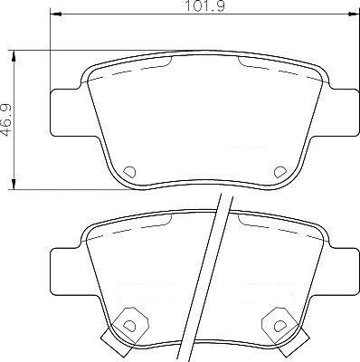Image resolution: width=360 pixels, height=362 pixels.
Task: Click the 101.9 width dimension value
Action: (204, 6)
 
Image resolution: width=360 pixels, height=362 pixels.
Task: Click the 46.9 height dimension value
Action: (6, 120)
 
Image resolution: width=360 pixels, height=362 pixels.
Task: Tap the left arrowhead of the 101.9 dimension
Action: (55, 14)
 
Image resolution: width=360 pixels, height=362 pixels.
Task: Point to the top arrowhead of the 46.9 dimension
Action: (14, 56)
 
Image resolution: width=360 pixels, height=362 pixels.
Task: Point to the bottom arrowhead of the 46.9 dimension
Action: (14, 184)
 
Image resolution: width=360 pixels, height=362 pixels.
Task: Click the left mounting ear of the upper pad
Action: (66, 112)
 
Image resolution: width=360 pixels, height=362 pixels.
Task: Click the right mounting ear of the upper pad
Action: (343, 112)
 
